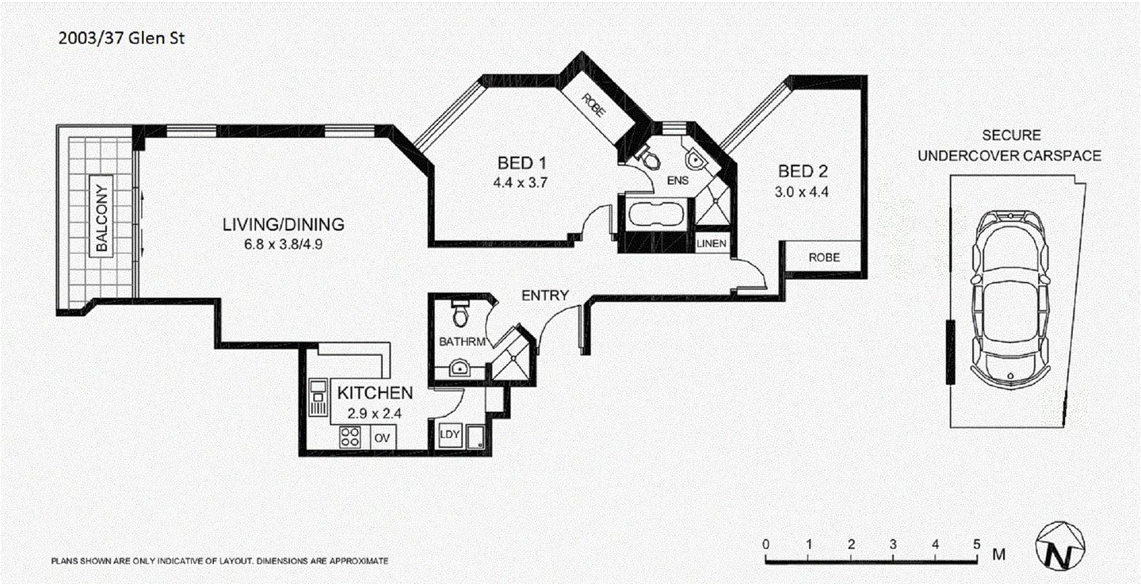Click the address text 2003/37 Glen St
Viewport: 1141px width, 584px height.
[121, 37]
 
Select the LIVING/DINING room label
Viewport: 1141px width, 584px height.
[283, 226]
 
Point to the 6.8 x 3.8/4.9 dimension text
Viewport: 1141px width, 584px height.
[283, 245]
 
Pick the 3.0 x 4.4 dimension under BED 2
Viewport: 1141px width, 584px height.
[803, 191]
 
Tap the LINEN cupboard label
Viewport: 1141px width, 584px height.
[711, 244]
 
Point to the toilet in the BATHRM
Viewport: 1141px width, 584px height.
[460, 315]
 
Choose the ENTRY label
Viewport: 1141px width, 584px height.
[544, 296]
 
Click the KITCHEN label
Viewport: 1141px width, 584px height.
[375, 393]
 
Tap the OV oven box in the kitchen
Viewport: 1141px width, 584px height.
[381, 437]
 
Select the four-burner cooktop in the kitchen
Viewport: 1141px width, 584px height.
[350, 437]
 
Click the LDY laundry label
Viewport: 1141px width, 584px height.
[450, 435]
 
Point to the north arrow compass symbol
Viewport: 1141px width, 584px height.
[1057, 547]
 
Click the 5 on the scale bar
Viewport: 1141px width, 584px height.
[977, 544]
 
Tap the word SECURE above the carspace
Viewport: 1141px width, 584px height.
[1011, 136]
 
